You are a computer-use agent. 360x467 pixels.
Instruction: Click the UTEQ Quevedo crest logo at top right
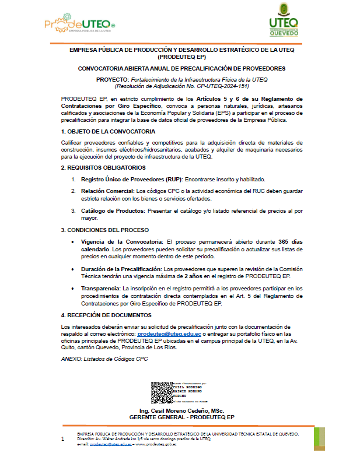click(x=284, y=22)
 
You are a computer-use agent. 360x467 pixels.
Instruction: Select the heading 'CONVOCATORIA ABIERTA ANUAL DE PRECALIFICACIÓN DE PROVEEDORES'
click(x=181, y=68)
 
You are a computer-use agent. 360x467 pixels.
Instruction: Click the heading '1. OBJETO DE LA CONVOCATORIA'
click(x=108, y=132)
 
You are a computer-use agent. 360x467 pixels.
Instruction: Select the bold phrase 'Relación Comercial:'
click(x=107, y=191)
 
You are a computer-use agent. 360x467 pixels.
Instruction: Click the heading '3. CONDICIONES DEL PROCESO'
click(x=105, y=230)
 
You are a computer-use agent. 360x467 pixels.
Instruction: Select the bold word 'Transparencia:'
click(x=100, y=289)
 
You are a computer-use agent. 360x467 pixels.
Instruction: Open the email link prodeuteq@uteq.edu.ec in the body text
click(x=169, y=334)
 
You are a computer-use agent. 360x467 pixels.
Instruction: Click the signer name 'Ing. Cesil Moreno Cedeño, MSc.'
click(x=181, y=411)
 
